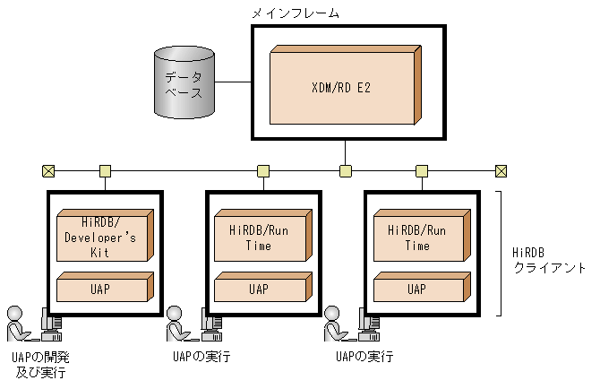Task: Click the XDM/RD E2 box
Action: [342, 86]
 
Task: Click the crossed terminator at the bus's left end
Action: [47, 170]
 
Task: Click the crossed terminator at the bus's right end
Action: [501, 170]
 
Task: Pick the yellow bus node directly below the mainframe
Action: [344, 170]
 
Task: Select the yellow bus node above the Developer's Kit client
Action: [105, 170]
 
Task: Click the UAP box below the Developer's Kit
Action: [101, 290]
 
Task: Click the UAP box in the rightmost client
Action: [416, 290]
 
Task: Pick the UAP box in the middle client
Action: [259, 290]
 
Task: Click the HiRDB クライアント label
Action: [548, 261]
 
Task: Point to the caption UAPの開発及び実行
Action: [39, 364]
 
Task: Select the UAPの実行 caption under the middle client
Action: [201, 358]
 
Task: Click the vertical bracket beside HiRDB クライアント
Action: [500, 253]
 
